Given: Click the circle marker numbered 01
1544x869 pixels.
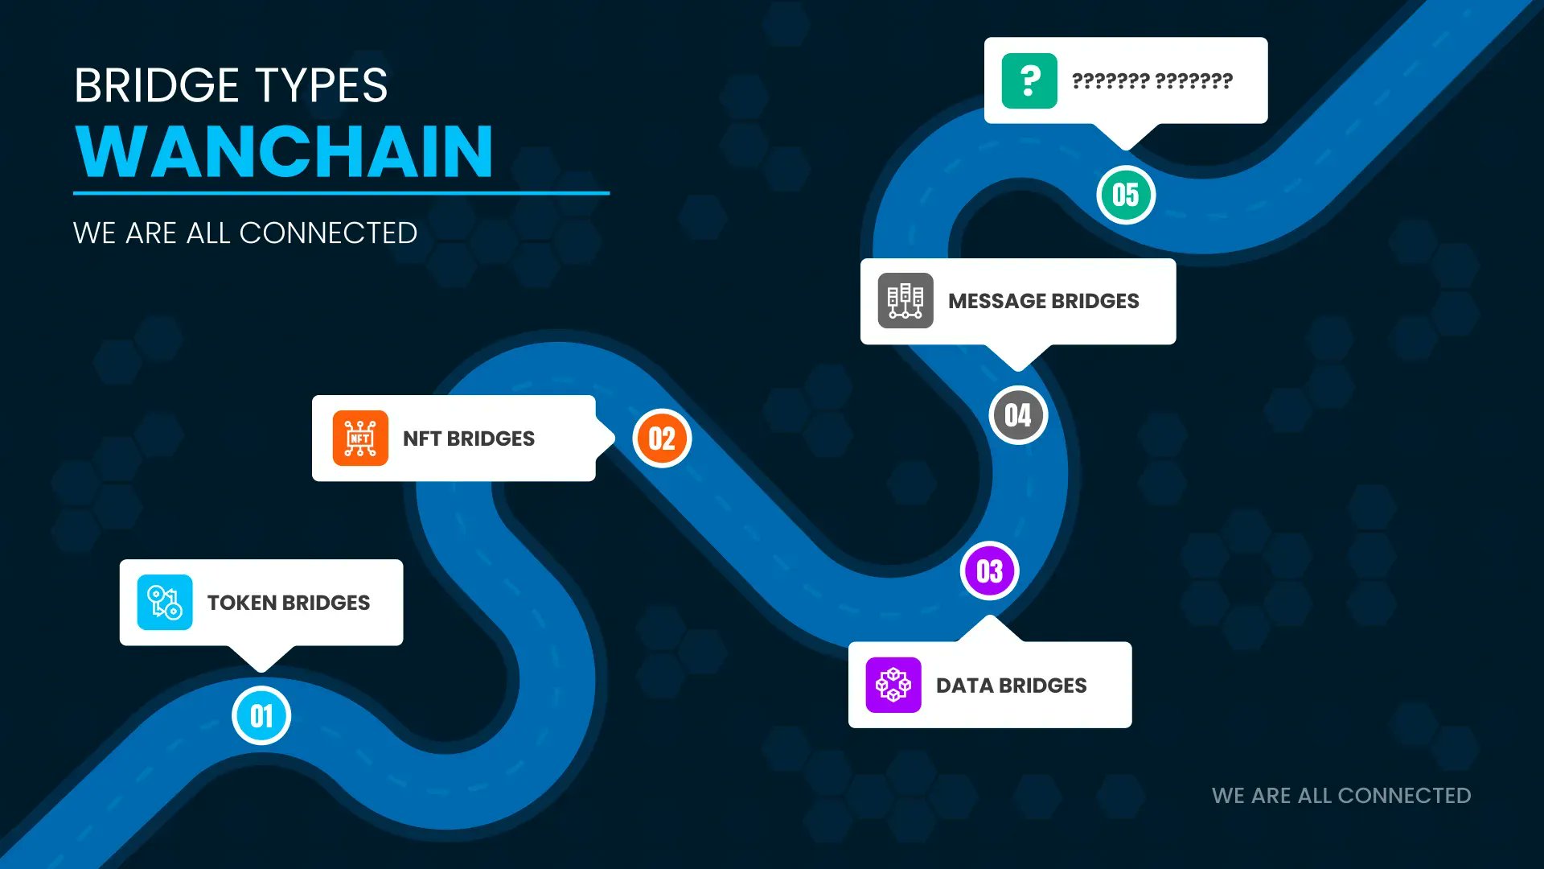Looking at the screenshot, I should (x=261, y=715).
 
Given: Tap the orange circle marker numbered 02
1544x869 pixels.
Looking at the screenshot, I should (x=662, y=439).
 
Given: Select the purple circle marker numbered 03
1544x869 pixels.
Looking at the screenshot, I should (x=990, y=571).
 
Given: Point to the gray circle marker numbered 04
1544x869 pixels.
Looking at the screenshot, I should (x=1018, y=415).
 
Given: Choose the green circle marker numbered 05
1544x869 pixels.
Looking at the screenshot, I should (x=1126, y=195).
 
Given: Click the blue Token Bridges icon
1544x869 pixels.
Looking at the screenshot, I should (x=165, y=602).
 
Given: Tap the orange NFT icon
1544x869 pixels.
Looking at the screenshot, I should (x=360, y=439).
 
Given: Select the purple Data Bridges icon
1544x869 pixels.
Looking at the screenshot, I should (x=893, y=685).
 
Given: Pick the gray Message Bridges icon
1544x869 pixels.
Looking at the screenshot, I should (x=905, y=301).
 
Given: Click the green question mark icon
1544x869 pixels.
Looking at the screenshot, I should (x=1029, y=80).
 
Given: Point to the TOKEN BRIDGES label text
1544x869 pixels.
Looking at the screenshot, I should (x=289, y=603).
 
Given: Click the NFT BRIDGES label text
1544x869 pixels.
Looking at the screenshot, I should (x=469, y=439).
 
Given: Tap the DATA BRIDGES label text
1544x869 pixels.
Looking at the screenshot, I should (x=1012, y=686).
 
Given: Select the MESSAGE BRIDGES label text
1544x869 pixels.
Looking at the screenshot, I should (x=1044, y=301).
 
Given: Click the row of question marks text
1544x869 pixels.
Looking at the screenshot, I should (x=1152, y=80).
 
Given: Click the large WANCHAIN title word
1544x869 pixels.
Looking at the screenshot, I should (x=284, y=151).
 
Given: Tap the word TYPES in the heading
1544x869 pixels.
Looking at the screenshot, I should (x=321, y=85).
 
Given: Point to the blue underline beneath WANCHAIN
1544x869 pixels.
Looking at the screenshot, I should (x=341, y=193).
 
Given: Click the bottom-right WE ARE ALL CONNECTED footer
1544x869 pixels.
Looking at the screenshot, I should (x=1341, y=796).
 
